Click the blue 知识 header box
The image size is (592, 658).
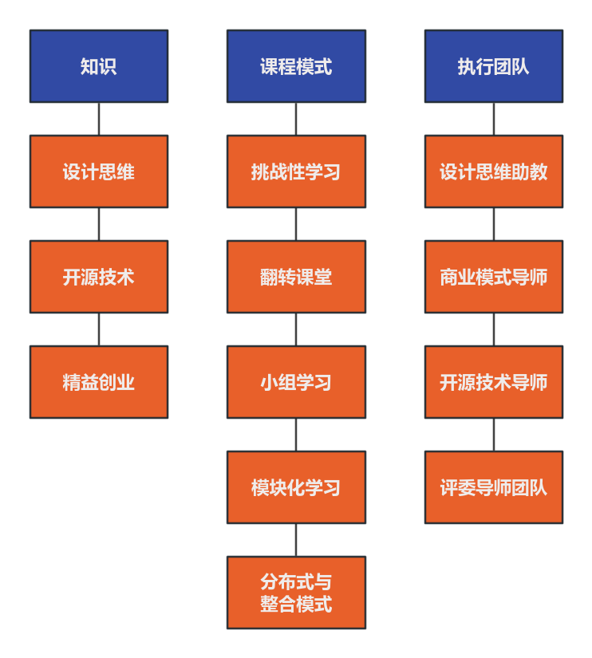(x=99, y=66)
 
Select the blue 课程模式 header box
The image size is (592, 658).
(x=296, y=66)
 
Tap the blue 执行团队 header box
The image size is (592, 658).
(x=493, y=66)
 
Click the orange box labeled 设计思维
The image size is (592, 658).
(x=99, y=171)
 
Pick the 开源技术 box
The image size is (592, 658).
(x=99, y=277)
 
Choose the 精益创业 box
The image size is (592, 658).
(x=99, y=382)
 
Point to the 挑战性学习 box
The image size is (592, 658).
(x=296, y=171)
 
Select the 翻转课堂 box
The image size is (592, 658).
(x=296, y=277)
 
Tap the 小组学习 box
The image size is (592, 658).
(x=296, y=382)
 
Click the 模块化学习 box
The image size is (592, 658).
(x=296, y=487)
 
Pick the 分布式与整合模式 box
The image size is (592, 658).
(x=296, y=593)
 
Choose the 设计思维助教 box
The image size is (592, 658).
(x=493, y=171)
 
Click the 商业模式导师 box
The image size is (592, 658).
(x=493, y=277)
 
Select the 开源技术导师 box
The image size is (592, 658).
(x=493, y=382)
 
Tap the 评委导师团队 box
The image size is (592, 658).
(x=493, y=487)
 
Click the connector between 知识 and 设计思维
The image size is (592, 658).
(x=99, y=119)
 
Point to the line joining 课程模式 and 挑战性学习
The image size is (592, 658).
(x=296, y=119)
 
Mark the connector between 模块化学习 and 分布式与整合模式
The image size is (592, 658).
(x=296, y=540)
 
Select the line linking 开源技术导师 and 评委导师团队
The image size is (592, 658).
(x=493, y=435)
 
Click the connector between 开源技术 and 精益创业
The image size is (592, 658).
(x=99, y=329)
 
